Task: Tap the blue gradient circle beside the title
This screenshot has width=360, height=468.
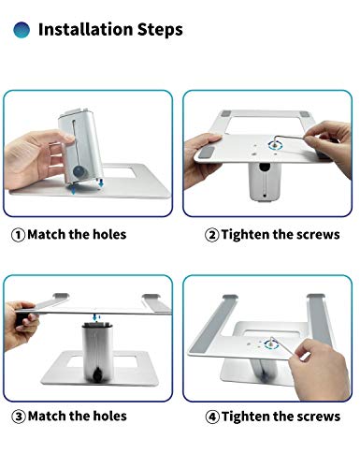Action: click(x=21, y=30)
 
